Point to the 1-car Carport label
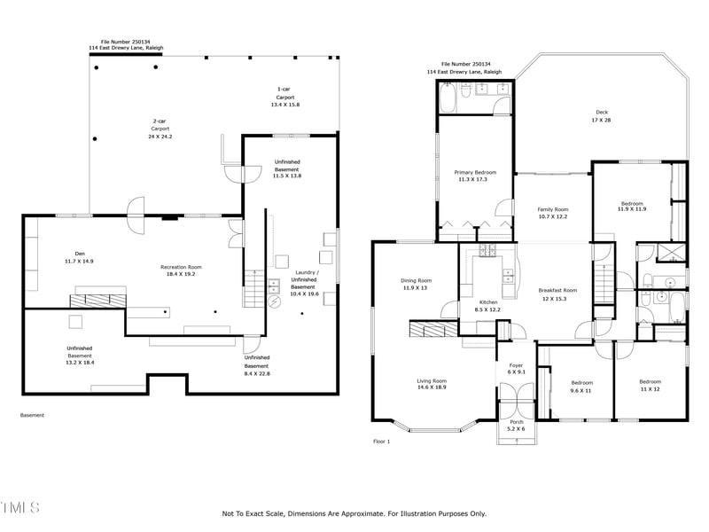coord(284,97)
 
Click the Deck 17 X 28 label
coord(602,116)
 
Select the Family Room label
coord(552,213)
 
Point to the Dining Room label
coord(416,284)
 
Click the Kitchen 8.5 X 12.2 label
coord(488,306)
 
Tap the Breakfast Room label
coord(557,294)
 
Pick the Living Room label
coord(432,384)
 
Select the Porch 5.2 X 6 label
coord(515,425)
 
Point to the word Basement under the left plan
coord(32,415)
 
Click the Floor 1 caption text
coord(381,441)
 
